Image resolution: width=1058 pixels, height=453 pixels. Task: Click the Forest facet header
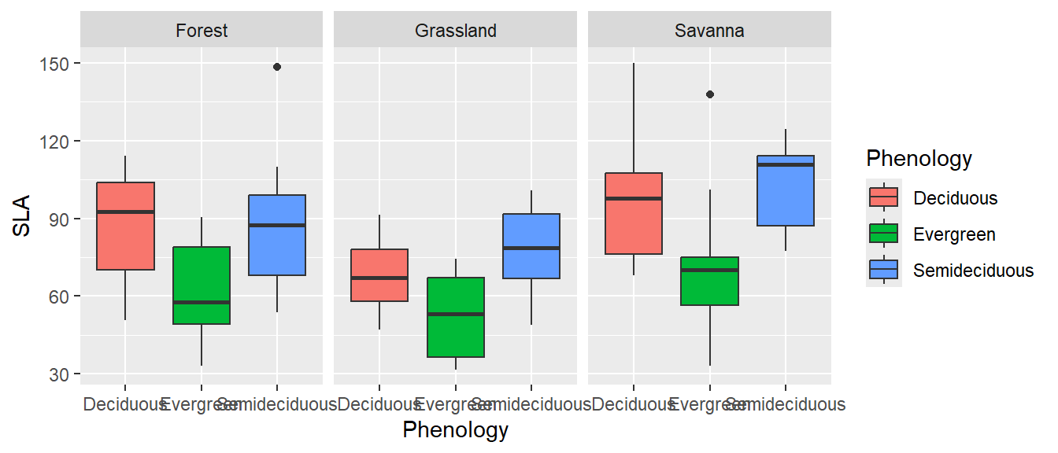coord(202,31)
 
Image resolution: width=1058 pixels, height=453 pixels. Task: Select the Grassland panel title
coord(456,31)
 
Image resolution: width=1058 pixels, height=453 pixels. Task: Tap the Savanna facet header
coord(709,31)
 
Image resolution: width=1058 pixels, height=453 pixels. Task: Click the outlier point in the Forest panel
coord(277,67)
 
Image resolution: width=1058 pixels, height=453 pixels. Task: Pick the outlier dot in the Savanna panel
coord(710,94)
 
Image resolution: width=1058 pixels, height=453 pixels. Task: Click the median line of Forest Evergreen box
coord(202,302)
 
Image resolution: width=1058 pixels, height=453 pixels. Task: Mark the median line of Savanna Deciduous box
coord(633,198)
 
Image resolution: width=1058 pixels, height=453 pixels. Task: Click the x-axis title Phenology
coord(455,430)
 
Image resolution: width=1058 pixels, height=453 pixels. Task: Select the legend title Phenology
coord(919,159)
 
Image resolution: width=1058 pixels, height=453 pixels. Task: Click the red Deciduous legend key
coord(884,197)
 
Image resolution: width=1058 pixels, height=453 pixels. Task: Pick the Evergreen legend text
coord(954,234)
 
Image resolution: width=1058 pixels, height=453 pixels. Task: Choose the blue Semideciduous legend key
coord(884,271)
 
